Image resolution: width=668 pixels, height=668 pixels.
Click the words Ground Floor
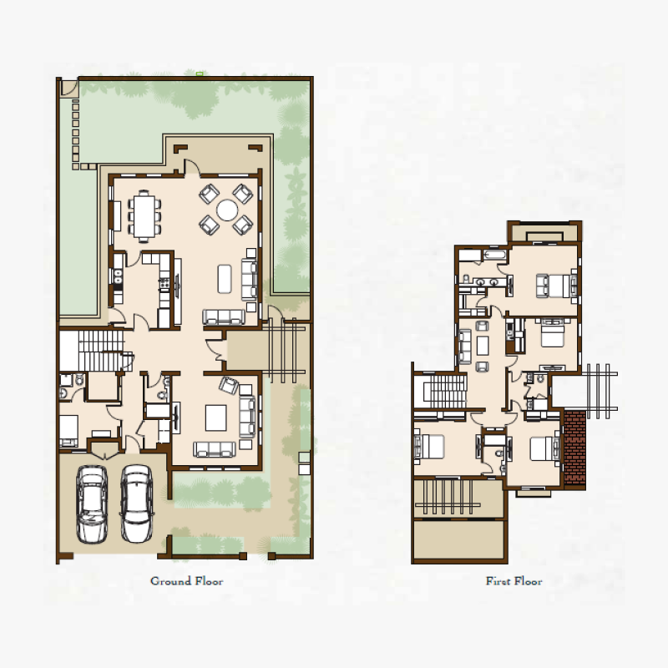click(x=186, y=581)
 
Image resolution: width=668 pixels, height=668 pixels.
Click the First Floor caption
click(x=514, y=581)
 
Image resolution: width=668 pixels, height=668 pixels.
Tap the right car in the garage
click(x=135, y=504)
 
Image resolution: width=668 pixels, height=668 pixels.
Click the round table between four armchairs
click(x=226, y=210)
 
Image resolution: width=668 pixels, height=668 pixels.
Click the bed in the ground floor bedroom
click(x=69, y=431)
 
